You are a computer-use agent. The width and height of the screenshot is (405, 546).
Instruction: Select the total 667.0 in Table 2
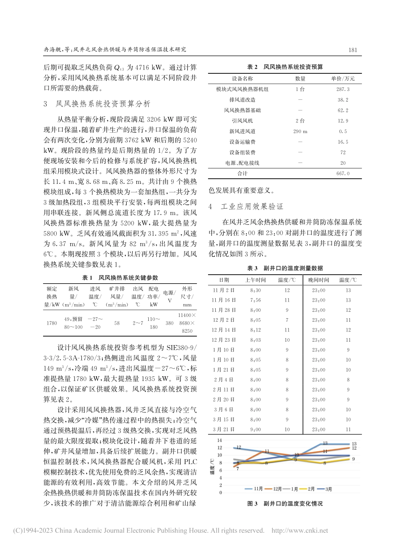(342, 174)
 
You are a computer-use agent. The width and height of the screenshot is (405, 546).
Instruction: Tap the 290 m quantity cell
(300, 131)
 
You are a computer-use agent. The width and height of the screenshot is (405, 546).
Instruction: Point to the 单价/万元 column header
(343, 78)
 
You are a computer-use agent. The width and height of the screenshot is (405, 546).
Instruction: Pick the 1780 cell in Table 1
(52, 323)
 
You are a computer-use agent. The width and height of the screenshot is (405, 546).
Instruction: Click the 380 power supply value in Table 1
(169, 323)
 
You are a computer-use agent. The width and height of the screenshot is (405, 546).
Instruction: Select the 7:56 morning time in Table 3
(255, 300)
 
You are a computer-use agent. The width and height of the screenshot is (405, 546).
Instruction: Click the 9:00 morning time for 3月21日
(255, 430)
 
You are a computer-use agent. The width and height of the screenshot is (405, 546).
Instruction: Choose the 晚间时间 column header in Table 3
(318, 280)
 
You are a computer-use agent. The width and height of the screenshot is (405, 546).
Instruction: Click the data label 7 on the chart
(237, 469)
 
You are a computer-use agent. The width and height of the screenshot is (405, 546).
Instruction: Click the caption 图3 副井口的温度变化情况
(285, 503)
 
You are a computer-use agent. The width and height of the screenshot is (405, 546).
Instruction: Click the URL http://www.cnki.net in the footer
(300, 531)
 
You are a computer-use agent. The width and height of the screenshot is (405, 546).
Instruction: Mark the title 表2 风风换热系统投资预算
(285, 67)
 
